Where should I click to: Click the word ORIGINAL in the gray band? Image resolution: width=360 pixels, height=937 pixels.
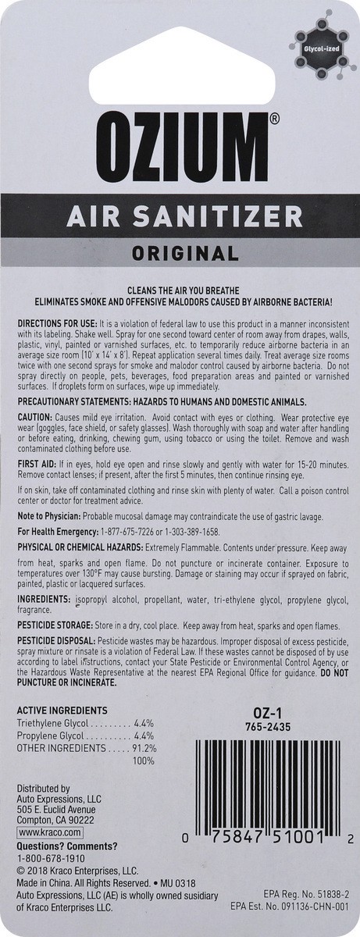[180, 253]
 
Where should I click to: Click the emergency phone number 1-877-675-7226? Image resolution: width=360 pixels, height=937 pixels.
[117, 532]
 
